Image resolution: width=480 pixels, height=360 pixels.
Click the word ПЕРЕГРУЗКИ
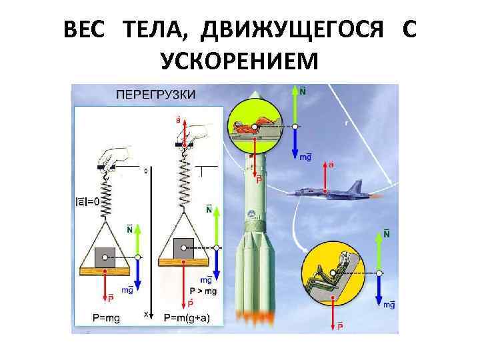point(157,94)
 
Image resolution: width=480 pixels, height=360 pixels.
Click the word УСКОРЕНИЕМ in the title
point(240,62)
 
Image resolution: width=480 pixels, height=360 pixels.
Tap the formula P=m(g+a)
point(187,317)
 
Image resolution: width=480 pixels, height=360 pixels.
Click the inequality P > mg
point(204,291)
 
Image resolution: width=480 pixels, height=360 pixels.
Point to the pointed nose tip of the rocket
point(254,95)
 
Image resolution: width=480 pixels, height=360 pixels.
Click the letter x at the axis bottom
point(145,313)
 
